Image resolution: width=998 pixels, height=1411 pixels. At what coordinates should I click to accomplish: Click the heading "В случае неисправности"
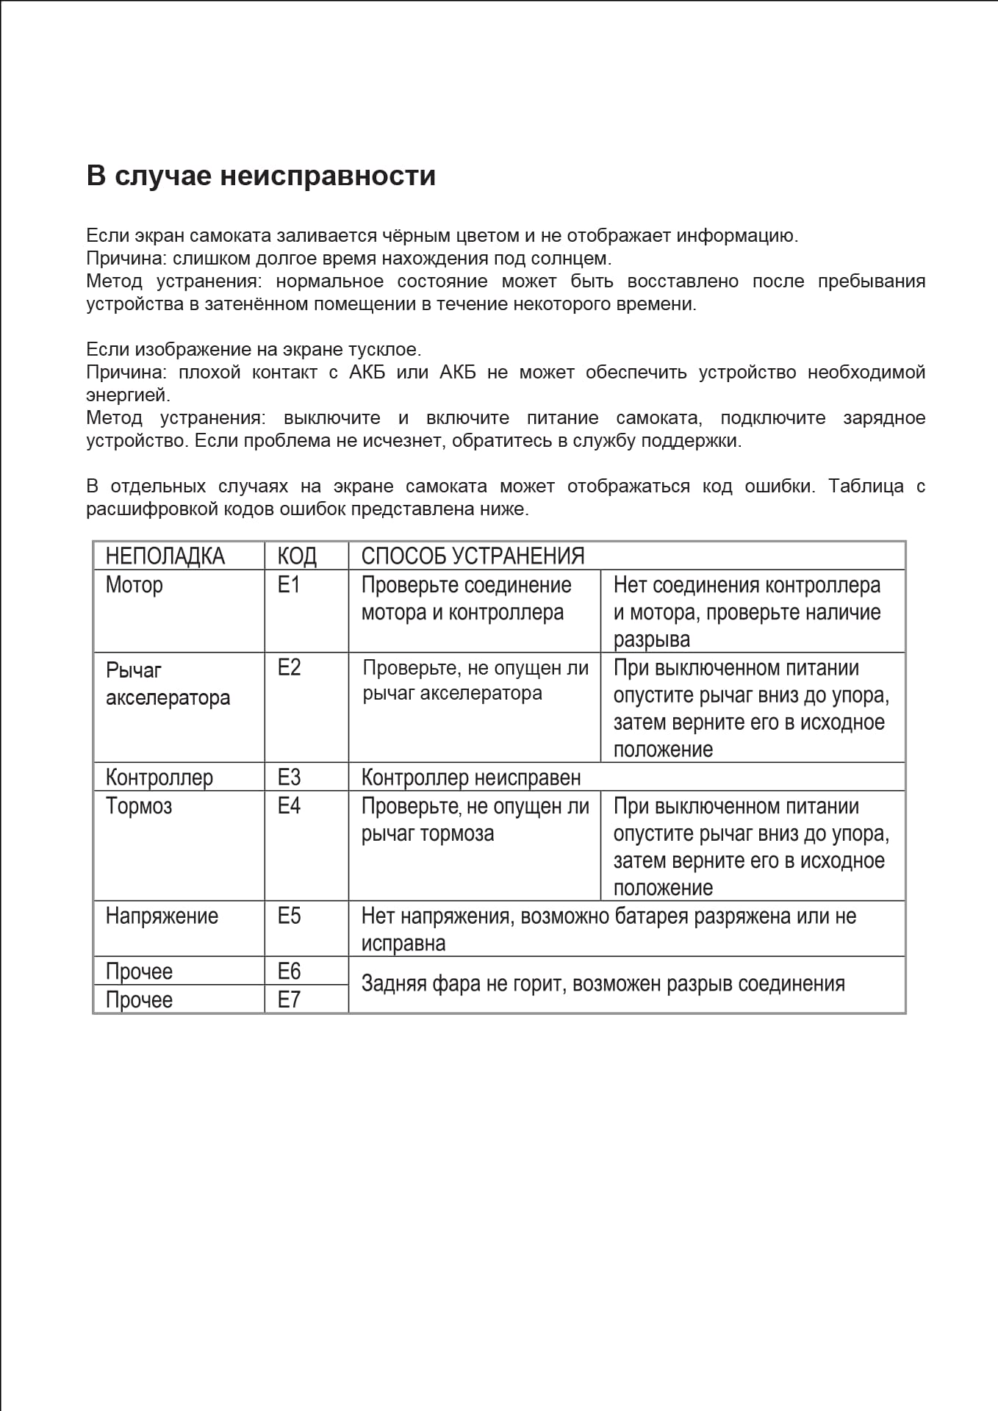(261, 176)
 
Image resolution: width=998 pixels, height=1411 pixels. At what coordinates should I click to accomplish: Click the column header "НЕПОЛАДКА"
(165, 556)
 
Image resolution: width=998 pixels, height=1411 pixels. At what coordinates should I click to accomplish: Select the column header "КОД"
(297, 556)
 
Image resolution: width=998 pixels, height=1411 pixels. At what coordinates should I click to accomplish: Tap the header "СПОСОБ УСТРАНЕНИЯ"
(473, 556)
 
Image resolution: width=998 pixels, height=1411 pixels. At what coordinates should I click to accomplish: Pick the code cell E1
(289, 585)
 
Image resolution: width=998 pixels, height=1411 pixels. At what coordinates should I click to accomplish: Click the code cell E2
(289, 667)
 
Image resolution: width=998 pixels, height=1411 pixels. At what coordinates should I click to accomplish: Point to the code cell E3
(289, 778)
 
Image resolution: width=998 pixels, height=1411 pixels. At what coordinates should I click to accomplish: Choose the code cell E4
(289, 806)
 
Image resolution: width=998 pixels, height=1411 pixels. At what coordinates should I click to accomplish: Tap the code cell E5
(289, 916)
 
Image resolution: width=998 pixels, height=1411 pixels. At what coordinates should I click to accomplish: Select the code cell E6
(289, 972)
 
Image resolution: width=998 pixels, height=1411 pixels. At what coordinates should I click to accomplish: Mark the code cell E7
(289, 1000)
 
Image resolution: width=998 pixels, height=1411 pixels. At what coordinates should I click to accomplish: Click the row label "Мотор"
(134, 585)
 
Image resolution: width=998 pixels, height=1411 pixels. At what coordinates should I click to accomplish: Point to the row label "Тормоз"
(138, 806)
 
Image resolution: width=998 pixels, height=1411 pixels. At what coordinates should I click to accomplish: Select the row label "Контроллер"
(159, 778)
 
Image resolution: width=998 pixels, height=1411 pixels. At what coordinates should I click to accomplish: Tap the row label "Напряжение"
(162, 916)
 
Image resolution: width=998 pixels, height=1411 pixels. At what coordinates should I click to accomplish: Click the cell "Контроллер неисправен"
(470, 778)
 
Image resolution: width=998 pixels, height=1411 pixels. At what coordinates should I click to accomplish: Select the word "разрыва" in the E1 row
(651, 639)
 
